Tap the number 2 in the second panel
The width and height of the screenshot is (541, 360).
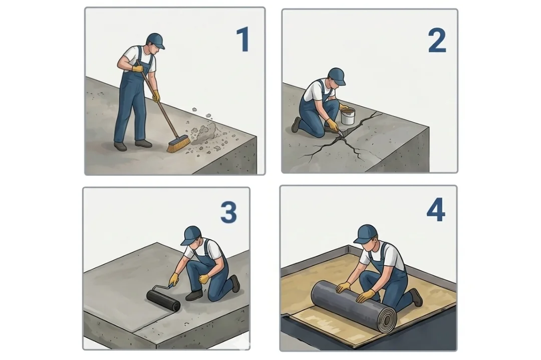(437, 41)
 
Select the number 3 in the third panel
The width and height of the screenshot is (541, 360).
(228, 212)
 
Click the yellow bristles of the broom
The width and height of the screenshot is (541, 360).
(178, 144)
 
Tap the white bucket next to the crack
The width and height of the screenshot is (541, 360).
(348, 116)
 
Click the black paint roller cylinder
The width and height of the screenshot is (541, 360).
(163, 300)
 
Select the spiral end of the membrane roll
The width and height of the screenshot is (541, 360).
(388, 318)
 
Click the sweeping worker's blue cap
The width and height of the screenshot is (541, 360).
(155, 41)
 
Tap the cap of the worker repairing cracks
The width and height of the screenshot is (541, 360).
(337, 76)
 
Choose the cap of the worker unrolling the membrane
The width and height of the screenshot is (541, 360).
(365, 234)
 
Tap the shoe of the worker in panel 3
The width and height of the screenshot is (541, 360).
(194, 295)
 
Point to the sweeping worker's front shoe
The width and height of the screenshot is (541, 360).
(143, 143)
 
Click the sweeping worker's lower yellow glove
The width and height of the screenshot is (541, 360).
(156, 96)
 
